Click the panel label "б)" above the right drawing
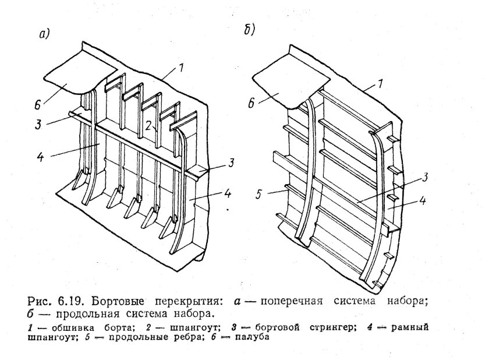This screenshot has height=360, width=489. [x=249, y=30]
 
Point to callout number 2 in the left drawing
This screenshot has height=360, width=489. [x=149, y=125]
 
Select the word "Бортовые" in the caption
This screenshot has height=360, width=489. [x=120, y=302]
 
